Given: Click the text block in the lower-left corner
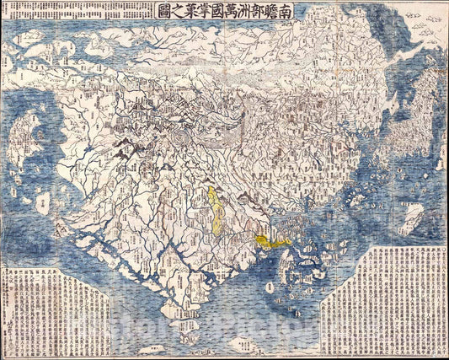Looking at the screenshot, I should click(55, 309).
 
